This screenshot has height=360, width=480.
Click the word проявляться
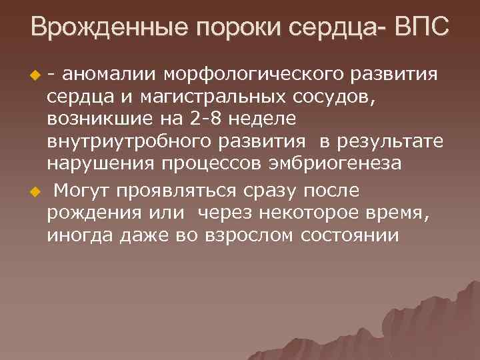tap(177, 191)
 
